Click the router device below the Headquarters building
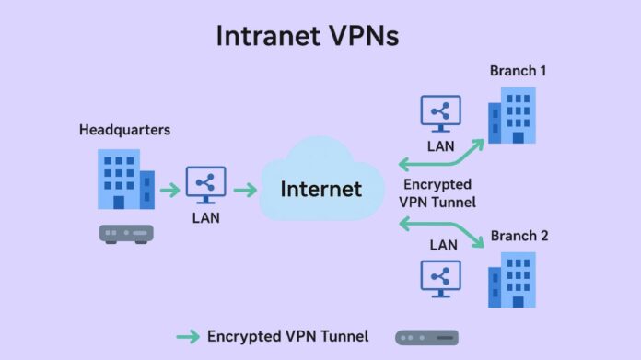[126, 234]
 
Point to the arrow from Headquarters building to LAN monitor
[170, 191]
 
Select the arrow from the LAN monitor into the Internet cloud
[244, 191]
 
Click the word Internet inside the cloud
[320, 190]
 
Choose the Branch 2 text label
[519, 236]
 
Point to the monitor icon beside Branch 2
[440, 278]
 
